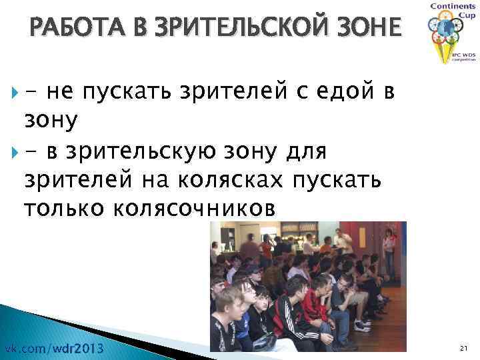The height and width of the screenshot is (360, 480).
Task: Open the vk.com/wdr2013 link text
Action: click(x=54, y=348)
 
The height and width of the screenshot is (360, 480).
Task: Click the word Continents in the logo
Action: click(x=453, y=6)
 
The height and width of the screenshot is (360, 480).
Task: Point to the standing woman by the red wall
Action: click(x=387, y=253)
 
